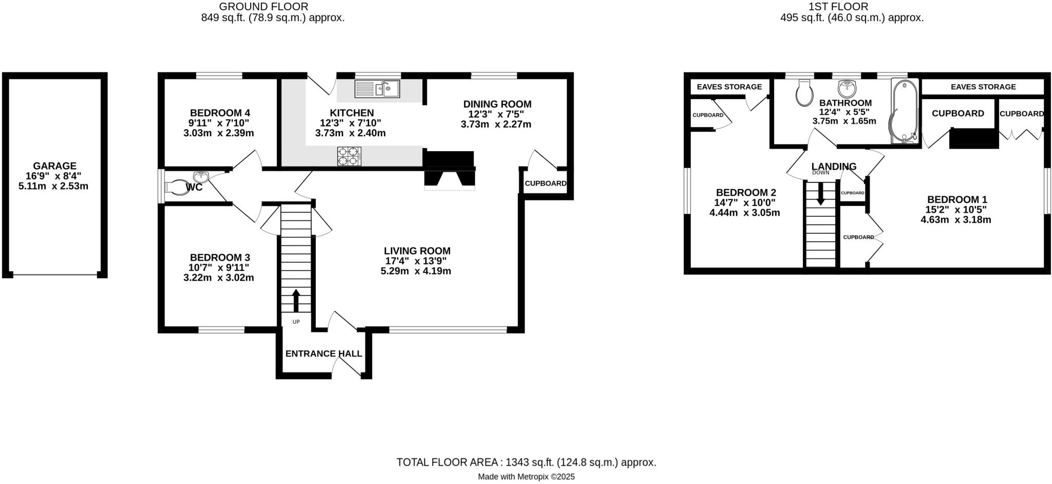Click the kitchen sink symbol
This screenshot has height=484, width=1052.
(x=378, y=89)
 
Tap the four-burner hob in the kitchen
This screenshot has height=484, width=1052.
(x=349, y=156)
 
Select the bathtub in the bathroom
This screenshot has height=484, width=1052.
(x=905, y=111)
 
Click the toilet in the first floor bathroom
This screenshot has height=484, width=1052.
(x=803, y=93)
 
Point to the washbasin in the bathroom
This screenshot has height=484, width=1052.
(x=846, y=88)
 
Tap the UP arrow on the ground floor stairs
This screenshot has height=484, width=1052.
(x=296, y=301)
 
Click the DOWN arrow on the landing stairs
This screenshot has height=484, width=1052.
(x=820, y=193)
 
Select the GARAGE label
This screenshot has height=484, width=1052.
(x=54, y=166)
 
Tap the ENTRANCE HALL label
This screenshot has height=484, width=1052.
(x=324, y=354)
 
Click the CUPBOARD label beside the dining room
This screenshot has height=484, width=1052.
(x=546, y=183)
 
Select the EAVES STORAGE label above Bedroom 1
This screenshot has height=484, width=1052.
(x=983, y=87)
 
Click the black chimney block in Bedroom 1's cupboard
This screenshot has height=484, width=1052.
(x=973, y=139)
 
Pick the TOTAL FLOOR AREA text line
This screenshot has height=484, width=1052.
(x=526, y=462)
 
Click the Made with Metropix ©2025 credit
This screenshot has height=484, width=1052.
(x=526, y=477)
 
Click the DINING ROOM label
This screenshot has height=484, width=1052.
(x=497, y=104)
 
